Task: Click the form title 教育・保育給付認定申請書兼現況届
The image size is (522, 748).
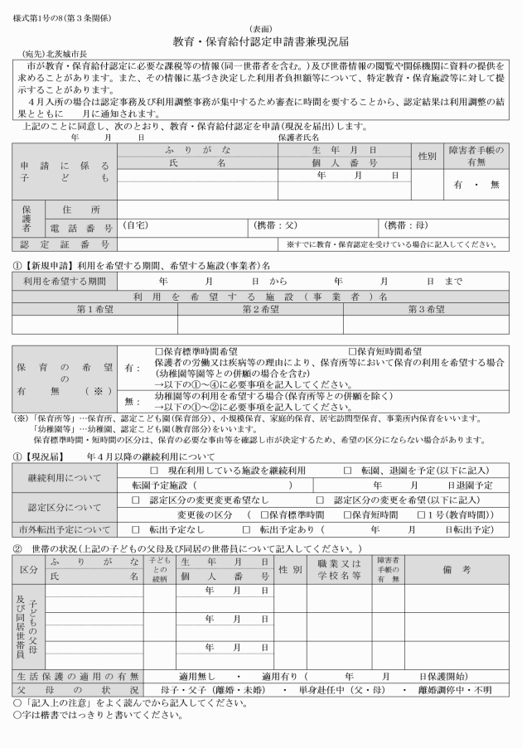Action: click(x=261, y=41)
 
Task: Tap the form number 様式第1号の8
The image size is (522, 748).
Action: click(x=37, y=17)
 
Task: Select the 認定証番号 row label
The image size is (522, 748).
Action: click(x=65, y=244)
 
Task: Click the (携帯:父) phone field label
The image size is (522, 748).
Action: click(x=274, y=225)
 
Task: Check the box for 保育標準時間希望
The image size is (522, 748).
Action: click(x=160, y=352)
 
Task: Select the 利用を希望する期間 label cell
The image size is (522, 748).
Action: click(x=63, y=282)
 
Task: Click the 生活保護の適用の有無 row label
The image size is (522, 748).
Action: click(x=76, y=676)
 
